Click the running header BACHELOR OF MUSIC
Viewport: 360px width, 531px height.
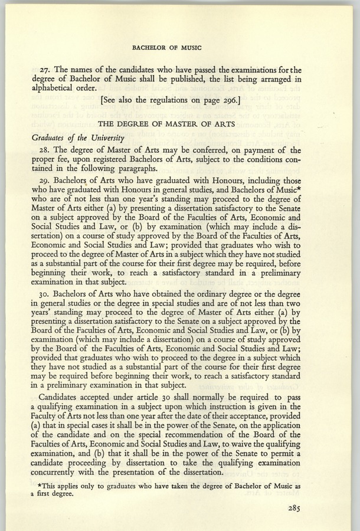[179, 45]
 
